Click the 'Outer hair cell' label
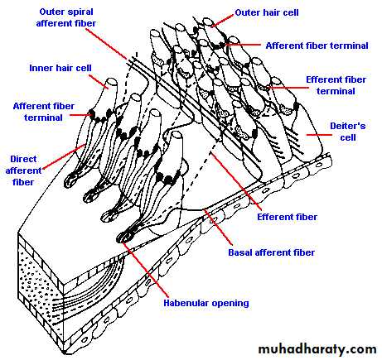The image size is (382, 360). pos(267,12)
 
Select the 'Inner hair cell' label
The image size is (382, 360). pos(60,68)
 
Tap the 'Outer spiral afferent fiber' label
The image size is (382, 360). pos(66,17)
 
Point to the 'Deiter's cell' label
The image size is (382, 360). pos(348,132)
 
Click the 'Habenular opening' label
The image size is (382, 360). pos(206,303)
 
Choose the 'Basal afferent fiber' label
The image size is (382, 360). pos(271,252)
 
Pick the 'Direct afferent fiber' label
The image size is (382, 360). pos(23,170)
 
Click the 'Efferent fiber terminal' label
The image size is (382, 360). pos(336,85)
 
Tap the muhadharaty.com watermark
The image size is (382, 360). pos(317,349)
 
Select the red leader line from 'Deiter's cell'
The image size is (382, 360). pos(319,135)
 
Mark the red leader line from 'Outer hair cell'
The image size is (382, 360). pos(223,21)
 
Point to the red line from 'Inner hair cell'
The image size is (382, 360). pos(99,81)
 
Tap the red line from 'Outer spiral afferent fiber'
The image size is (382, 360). pos(106,44)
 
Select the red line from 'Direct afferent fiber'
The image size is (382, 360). pos(64,156)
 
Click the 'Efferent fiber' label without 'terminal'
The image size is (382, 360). pos(287,217)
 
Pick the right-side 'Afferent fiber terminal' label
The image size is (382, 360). pos(317,46)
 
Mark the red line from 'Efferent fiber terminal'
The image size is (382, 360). pos(288,88)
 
